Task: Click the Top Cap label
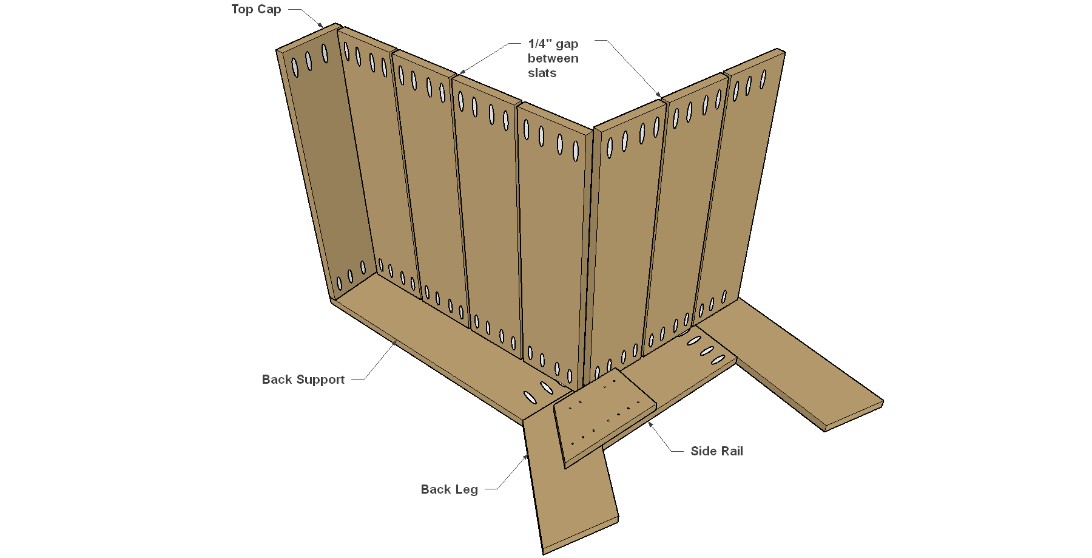coord(256,10)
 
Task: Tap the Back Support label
coord(303,379)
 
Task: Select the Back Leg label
coord(450,489)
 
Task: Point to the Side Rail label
coord(716,451)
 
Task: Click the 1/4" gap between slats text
coord(553,58)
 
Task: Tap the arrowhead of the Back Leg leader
coord(527,457)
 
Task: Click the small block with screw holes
coord(605,418)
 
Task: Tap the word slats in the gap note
coord(542,73)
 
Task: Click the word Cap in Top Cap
coord(269,10)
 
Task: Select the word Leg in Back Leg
coord(466,490)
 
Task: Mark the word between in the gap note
coord(553,58)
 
